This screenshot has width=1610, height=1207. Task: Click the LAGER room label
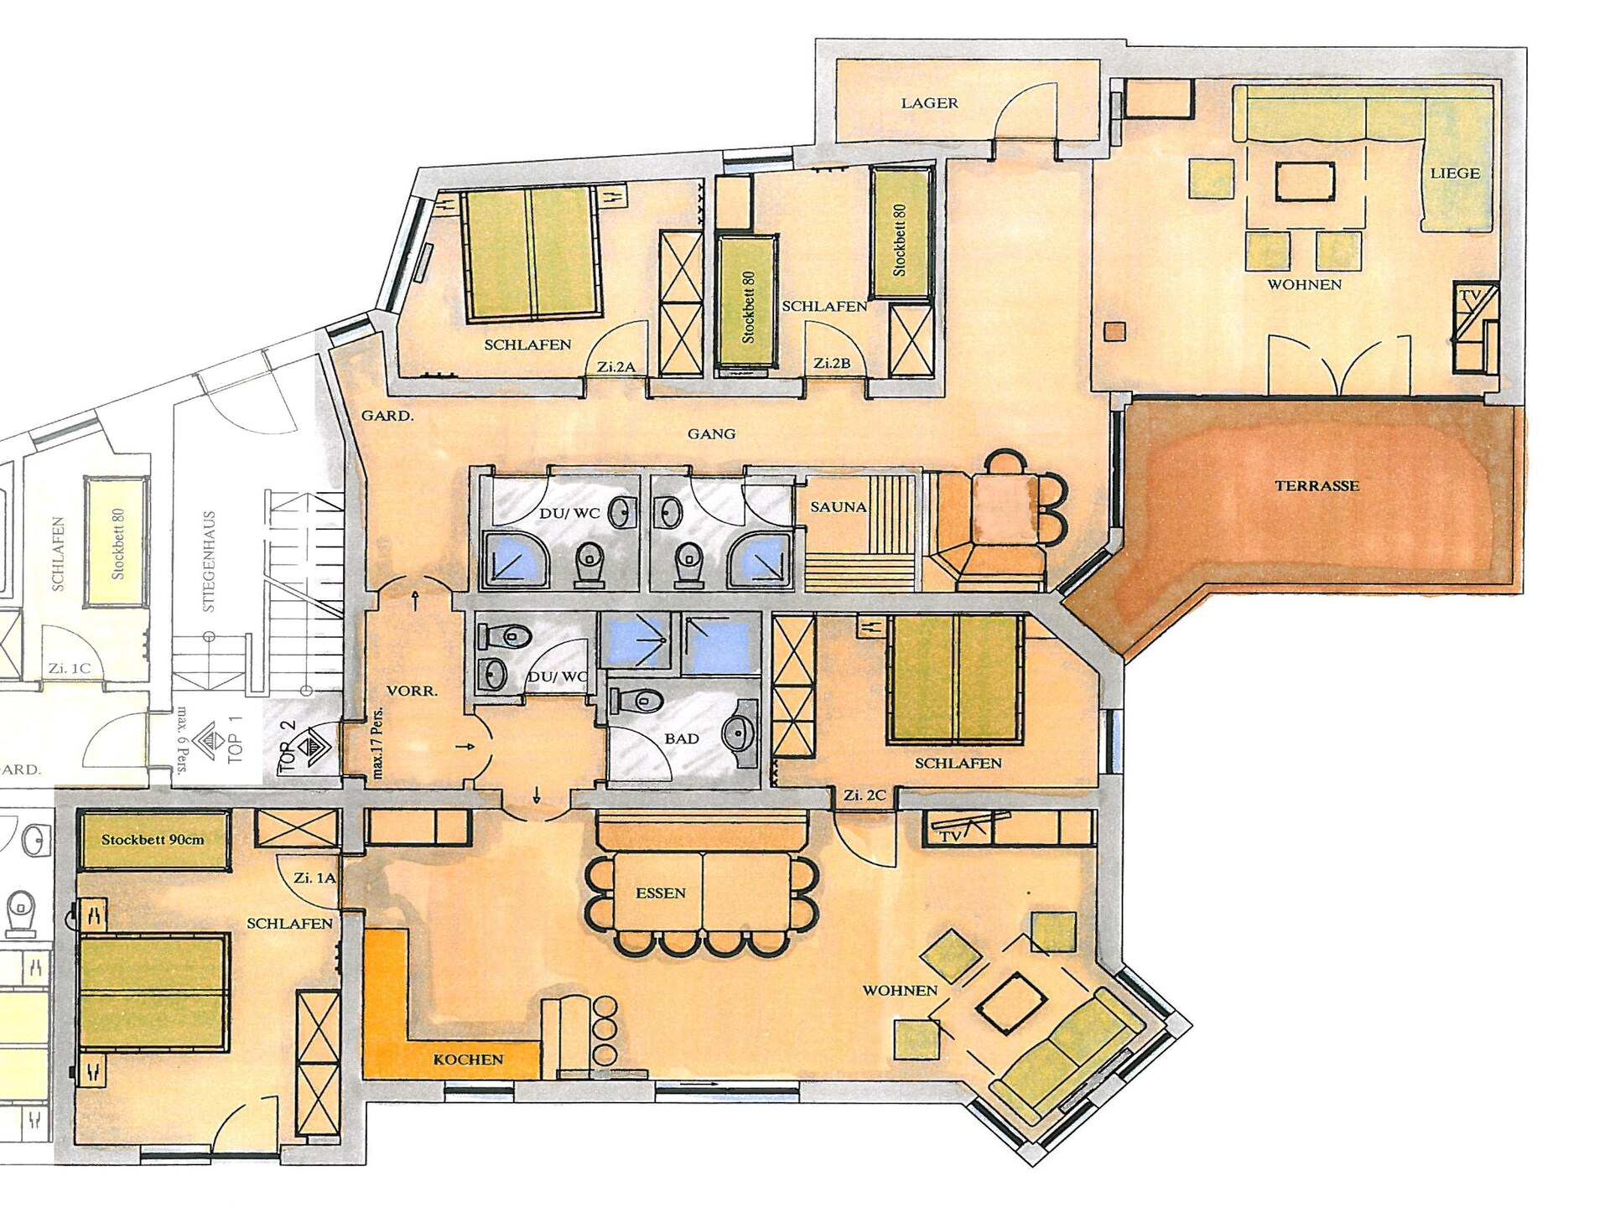(x=929, y=103)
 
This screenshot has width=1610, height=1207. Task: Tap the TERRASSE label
(x=1317, y=485)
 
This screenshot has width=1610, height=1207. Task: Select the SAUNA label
(x=839, y=507)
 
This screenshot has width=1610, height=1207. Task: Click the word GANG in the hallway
(x=711, y=433)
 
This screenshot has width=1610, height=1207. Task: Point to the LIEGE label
(x=1455, y=174)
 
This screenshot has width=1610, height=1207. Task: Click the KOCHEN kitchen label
(x=468, y=1059)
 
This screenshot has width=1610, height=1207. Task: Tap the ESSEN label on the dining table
(x=661, y=893)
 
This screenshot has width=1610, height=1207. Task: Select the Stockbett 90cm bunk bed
(x=153, y=840)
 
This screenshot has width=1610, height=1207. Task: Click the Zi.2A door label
(x=616, y=366)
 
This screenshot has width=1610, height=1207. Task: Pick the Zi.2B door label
(x=832, y=364)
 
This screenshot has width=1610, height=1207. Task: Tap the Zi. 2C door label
(x=865, y=795)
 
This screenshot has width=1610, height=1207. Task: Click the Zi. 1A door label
(x=314, y=878)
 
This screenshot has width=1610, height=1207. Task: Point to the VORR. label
(x=412, y=692)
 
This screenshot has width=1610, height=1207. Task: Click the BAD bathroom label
(x=682, y=738)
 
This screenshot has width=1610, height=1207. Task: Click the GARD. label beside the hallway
(x=387, y=415)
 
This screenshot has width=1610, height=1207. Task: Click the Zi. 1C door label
(x=69, y=669)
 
